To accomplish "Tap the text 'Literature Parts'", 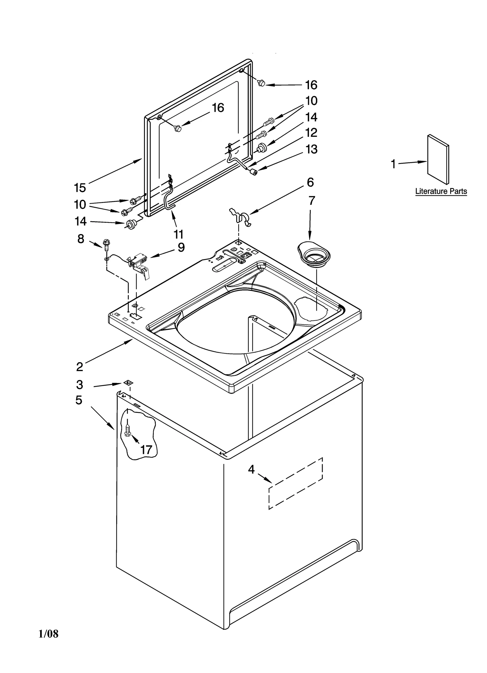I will click(441, 191).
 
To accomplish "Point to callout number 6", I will click(310, 182).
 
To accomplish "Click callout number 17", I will click(146, 450).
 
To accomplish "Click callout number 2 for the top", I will click(79, 367).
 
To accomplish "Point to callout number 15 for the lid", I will click(80, 188).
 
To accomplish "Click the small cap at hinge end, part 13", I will click(252, 172).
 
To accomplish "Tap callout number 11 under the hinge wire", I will click(178, 234).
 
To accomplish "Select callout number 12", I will click(311, 133).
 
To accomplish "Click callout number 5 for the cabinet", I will click(79, 400).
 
